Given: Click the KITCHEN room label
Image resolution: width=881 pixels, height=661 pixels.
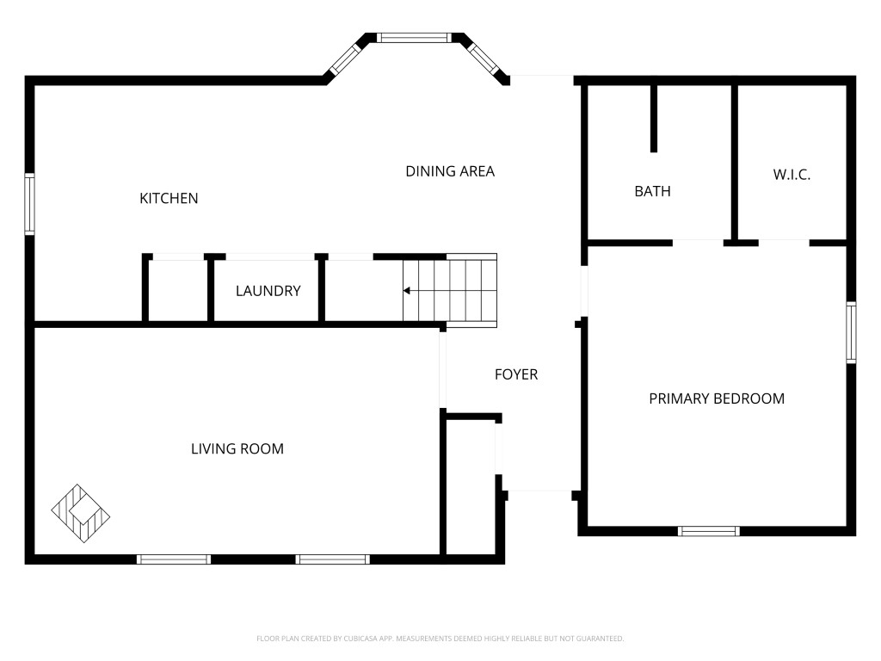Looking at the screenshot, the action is (169, 199).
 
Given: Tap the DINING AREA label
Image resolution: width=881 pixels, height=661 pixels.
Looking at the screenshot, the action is (450, 171).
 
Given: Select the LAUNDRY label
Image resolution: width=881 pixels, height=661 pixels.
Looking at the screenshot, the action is (268, 291).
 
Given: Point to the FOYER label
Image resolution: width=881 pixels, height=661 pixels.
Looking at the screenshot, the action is (516, 374).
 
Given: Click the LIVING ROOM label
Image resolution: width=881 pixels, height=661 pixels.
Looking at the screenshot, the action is (237, 448).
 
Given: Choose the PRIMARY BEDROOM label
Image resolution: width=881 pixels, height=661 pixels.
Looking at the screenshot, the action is (717, 398).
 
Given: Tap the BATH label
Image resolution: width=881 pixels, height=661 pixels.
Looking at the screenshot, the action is (652, 192).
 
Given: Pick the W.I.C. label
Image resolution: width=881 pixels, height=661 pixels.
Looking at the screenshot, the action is (792, 175).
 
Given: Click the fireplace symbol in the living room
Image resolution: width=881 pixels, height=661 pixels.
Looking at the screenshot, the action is (81, 513).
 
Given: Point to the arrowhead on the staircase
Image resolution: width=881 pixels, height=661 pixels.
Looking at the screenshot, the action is (407, 291).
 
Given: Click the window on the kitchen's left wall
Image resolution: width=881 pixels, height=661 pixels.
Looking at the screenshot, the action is (29, 203).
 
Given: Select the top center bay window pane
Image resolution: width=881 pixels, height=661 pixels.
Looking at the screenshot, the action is (414, 38).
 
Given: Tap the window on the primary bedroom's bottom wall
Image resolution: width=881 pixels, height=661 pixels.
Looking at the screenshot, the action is (709, 531).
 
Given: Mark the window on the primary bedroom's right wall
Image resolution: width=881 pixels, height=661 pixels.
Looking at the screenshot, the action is (851, 332).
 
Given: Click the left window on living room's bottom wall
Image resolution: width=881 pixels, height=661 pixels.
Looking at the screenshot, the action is (174, 559).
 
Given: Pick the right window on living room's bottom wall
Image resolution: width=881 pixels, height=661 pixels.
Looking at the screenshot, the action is (333, 559).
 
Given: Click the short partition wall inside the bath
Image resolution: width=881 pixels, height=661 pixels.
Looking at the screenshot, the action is (654, 119).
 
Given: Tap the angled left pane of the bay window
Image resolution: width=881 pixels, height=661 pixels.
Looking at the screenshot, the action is (345, 59).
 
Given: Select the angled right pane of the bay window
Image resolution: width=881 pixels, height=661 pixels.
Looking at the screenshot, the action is (484, 59).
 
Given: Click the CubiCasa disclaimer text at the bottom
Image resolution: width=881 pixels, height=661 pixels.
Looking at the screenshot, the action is (440, 639).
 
